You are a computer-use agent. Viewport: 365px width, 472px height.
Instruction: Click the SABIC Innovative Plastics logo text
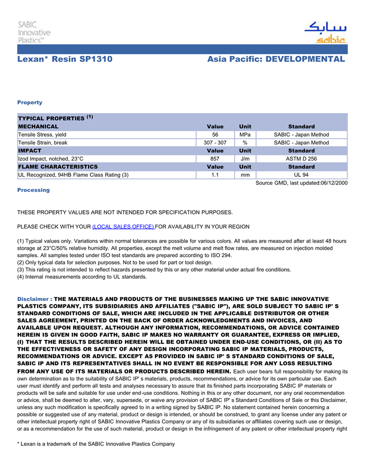[x=34, y=32]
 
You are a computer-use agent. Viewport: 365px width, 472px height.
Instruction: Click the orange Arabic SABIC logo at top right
[x=325, y=32]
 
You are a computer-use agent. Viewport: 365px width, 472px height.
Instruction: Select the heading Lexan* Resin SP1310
[x=65, y=59]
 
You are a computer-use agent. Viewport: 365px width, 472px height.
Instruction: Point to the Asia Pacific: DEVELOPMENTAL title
[x=276, y=59]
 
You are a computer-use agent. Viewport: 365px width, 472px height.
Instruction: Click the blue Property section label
[x=30, y=102]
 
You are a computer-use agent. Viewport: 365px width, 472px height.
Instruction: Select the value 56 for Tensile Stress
[x=215, y=135]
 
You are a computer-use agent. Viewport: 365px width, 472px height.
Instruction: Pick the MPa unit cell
[x=245, y=135]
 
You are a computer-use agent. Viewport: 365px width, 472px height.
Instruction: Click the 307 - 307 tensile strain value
[x=215, y=142]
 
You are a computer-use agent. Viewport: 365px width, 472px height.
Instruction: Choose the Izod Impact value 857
[x=215, y=159]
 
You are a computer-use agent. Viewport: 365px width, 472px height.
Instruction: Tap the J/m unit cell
[x=245, y=159]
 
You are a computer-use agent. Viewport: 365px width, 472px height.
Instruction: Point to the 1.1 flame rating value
[x=215, y=175]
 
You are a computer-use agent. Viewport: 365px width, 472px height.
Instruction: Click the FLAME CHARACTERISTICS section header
[x=58, y=167]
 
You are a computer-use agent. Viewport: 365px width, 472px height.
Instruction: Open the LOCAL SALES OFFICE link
[x=123, y=227]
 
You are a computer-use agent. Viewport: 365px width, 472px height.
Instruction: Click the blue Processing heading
[x=33, y=190]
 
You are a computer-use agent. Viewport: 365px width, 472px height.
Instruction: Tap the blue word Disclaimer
[x=34, y=299]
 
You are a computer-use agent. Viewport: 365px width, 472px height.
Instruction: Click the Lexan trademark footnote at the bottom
[x=96, y=444]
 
